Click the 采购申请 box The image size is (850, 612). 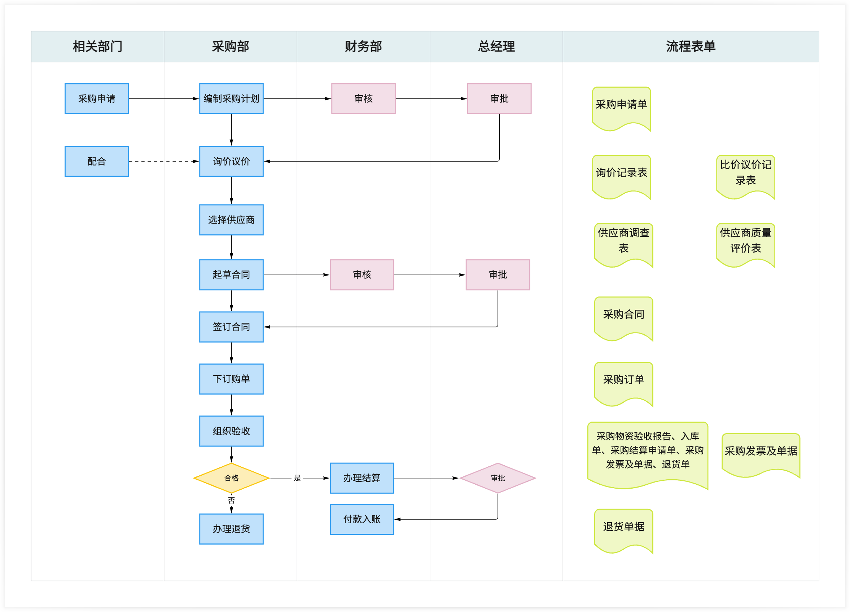[97, 98]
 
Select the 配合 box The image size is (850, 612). [97, 161]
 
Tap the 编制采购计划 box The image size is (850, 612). [231, 98]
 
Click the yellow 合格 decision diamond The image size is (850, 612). [231, 478]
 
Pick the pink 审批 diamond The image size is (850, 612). [498, 478]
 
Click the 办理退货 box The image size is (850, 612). [231, 528]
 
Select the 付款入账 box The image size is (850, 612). [362, 519]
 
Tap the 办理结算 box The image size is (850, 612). [362, 478]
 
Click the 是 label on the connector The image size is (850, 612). [297, 478]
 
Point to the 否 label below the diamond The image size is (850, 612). [231, 501]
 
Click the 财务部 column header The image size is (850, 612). [363, 47]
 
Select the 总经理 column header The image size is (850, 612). [496, 47]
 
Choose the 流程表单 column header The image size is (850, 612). [691, 47]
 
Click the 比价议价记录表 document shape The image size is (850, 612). [745, 174]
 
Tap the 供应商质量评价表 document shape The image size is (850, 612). [745, 242]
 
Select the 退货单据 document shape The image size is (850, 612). [624, 528]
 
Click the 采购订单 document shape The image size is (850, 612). [624, 381]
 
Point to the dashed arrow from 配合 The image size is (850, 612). [163, 161]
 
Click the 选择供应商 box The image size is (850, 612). [231, 220]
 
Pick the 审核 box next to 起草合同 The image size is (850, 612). [362, 274]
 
